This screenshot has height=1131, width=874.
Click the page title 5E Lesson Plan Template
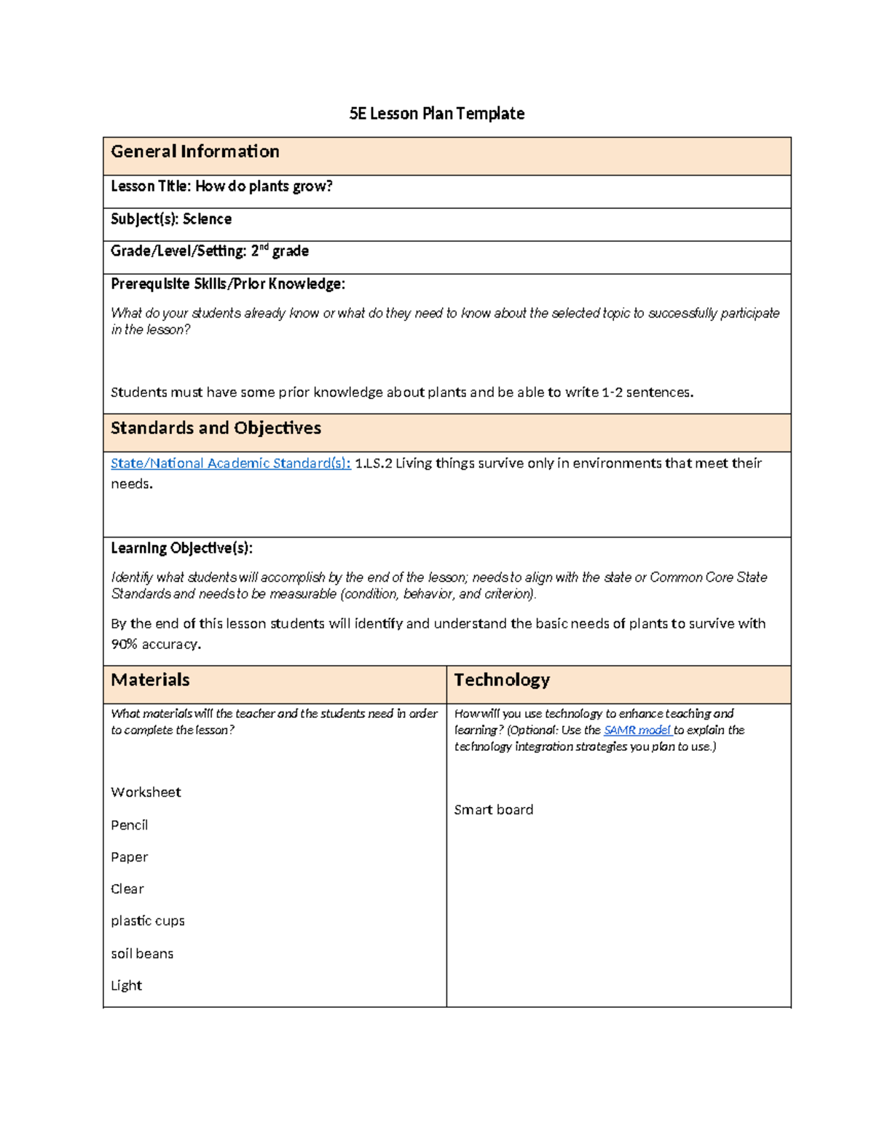tap(436, 114)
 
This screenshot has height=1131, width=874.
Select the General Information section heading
tap(194, 151)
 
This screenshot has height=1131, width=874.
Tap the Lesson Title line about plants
tap(221, 186)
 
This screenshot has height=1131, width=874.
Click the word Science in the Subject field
tap(207, 219)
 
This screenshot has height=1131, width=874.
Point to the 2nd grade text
tap(280, 251)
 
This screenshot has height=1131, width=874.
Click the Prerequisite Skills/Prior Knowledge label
tap(227, 284)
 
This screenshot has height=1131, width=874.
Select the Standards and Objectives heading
tap(216, 428)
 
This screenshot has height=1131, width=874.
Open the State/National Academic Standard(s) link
tap(230, 463)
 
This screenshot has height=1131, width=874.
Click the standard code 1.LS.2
tap(373, 463)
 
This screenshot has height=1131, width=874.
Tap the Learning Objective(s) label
tap(181, 548)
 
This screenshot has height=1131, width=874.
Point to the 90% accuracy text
tap(155, 645)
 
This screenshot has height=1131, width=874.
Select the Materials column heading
tap(150, 680)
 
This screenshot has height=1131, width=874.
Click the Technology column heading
tap(502, 680)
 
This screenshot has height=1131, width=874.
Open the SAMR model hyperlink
tap(637, 730)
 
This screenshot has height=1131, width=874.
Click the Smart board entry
tap(493, 810)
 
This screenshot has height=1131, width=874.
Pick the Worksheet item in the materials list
tap(146, 792)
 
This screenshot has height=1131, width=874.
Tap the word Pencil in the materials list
tap(129, 825)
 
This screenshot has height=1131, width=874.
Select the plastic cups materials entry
tap(147, 921)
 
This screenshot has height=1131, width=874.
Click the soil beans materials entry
tap(142, 954)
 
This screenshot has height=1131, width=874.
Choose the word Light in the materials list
tap(126, 986)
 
